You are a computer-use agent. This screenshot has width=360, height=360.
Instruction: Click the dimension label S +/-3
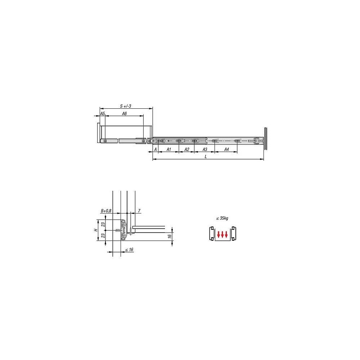126,106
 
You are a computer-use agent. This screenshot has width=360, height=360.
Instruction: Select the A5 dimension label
103,113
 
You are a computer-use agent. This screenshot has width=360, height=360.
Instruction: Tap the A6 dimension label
124,113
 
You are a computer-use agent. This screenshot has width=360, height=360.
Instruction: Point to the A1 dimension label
169,149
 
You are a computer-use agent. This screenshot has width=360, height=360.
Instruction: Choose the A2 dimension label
187,149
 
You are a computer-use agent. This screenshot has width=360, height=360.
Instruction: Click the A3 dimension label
205,149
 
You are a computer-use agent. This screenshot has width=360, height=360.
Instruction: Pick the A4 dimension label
226,149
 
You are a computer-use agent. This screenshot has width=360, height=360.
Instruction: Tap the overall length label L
206,157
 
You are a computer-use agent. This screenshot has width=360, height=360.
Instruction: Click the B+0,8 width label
106,211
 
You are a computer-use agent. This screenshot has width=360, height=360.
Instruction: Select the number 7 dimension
139,211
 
